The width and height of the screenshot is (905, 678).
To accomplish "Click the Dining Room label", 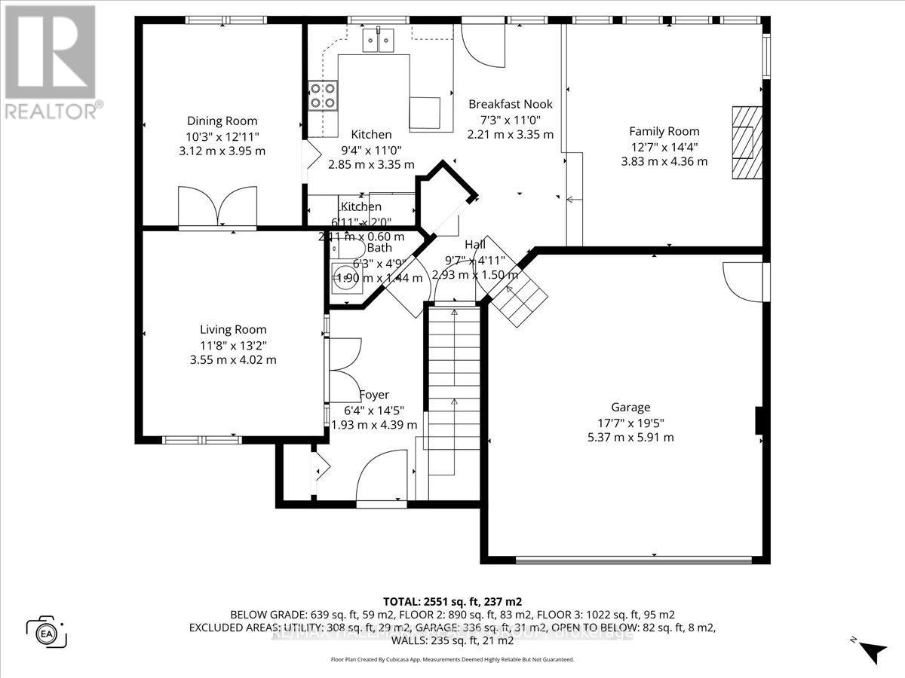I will point(222,121).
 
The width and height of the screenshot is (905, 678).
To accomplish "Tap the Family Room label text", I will point(664,131).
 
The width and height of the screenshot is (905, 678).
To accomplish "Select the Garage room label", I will point(631,408).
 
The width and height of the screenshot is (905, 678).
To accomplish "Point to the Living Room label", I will point(232,329).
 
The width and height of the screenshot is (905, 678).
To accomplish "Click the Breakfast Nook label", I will point(511,105).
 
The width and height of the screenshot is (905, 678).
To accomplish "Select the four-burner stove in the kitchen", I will point(323,96).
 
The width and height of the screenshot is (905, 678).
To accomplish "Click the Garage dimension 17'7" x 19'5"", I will point(631,423).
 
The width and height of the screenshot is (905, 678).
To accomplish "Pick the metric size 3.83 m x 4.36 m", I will point(664,161).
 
